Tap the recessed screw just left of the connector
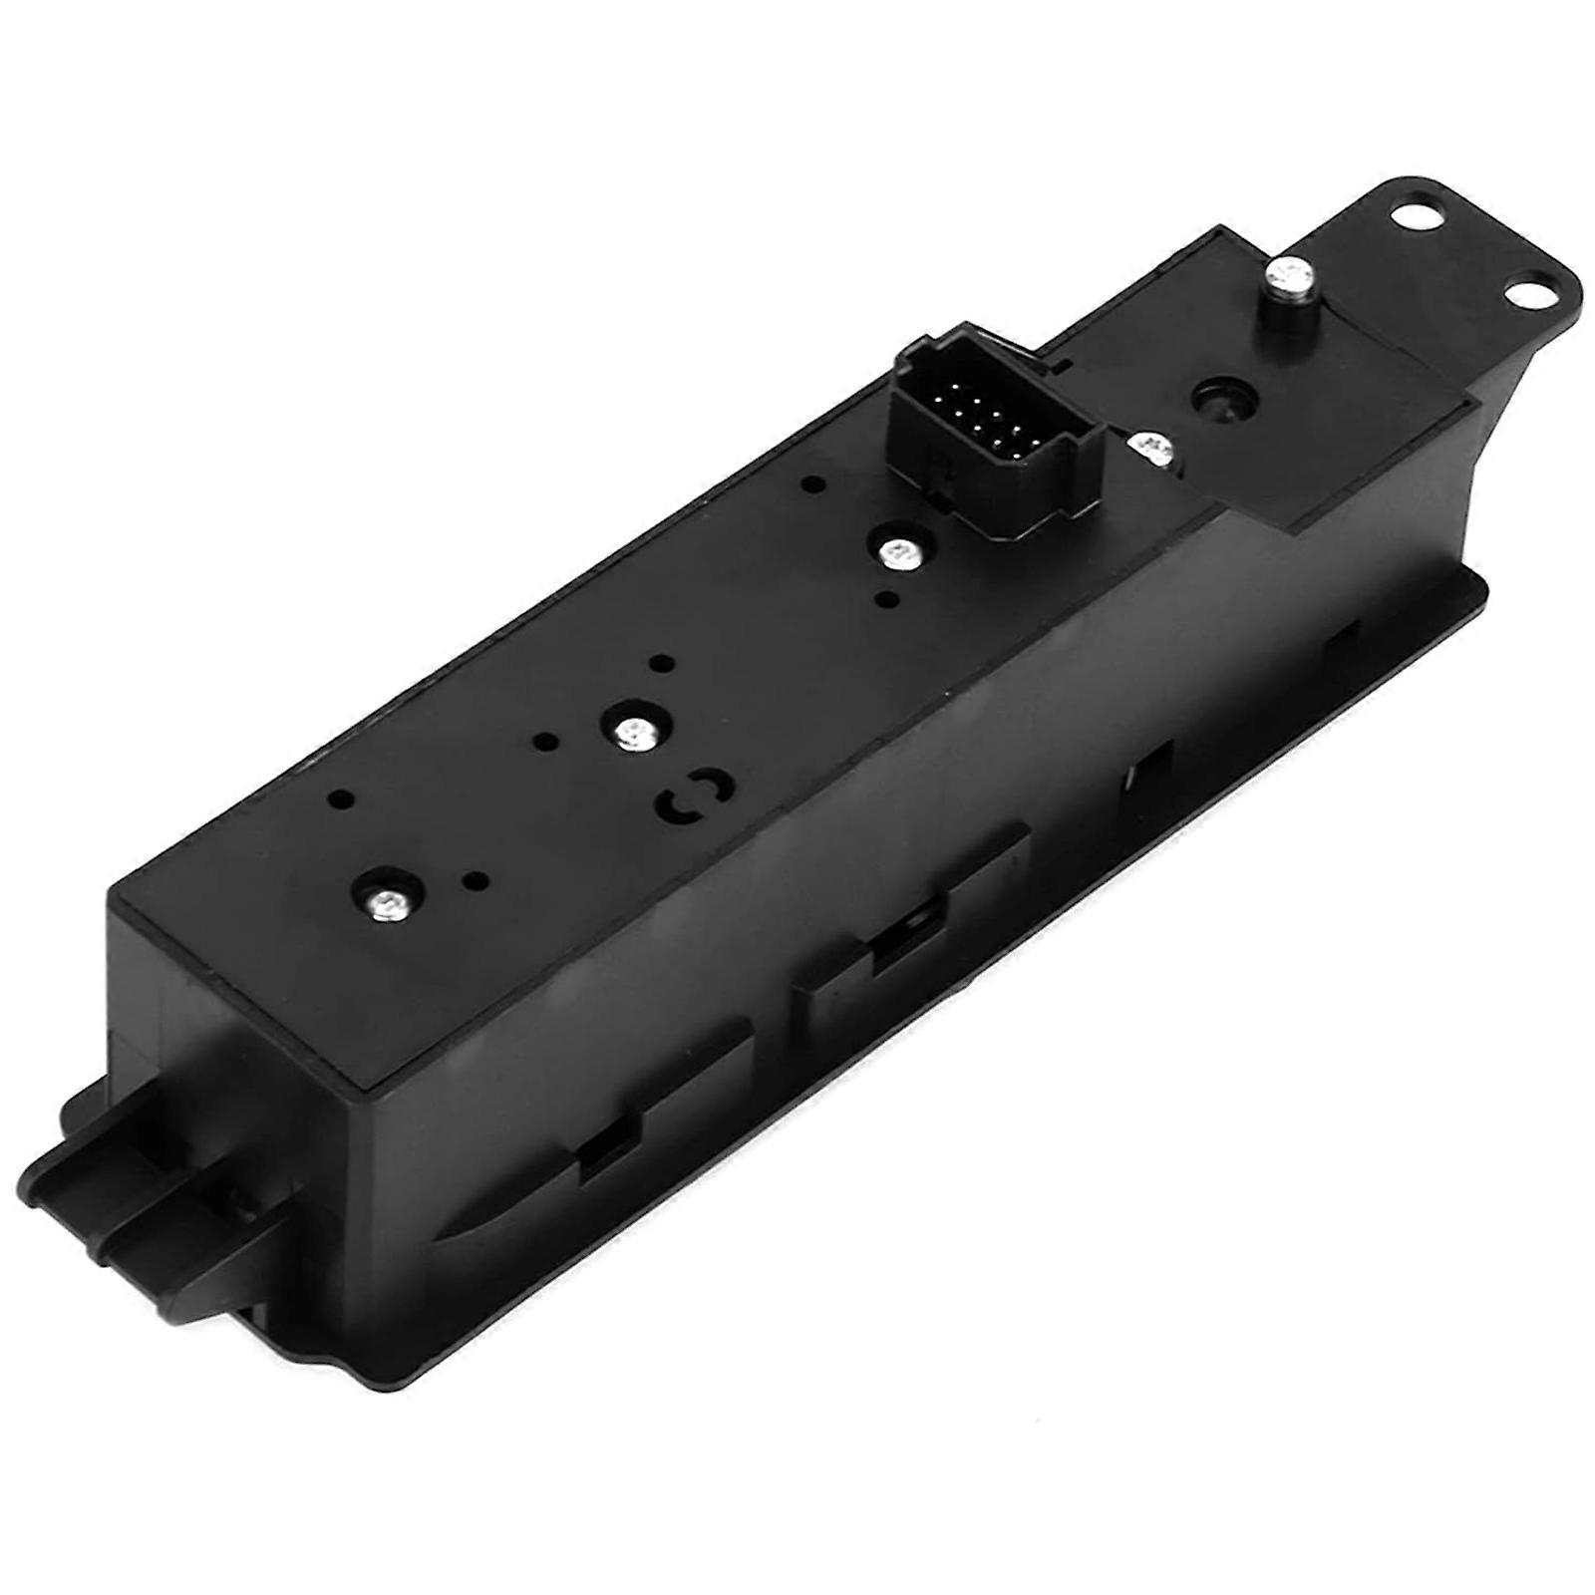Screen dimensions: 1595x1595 [x=902, y=549]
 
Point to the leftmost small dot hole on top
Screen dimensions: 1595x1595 [x=342, y=798]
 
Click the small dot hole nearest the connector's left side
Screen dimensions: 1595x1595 [x=813, y=485]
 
